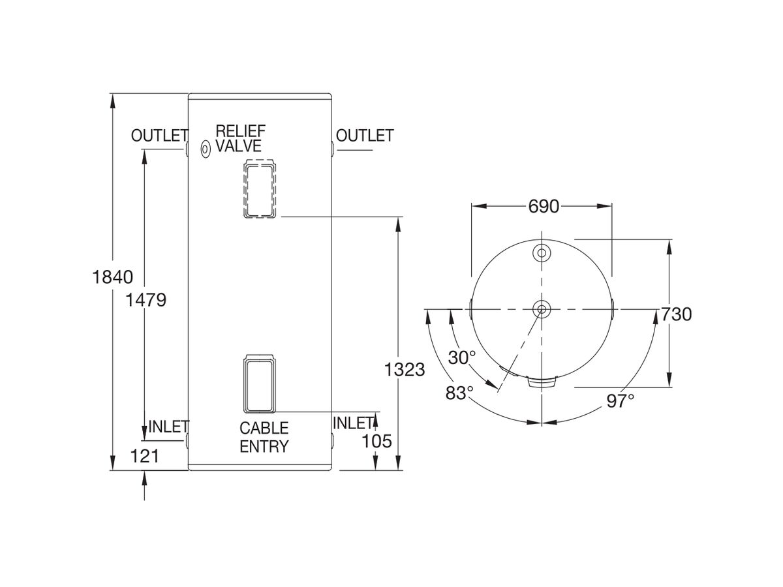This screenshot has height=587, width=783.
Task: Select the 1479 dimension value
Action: pos(147,300)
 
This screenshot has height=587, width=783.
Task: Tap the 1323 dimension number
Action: pos(405,370)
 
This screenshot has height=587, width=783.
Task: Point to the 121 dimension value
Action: pos(145,456)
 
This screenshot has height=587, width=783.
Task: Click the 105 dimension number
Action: pos(377,441)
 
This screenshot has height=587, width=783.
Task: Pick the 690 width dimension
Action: pos(544,207)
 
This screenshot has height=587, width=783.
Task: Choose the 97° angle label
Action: pos(620,401)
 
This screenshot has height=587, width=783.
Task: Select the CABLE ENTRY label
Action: pos(264,438)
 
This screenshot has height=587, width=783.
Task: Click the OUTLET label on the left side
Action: pos(160,136)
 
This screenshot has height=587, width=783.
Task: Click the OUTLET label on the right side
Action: pos(365,136)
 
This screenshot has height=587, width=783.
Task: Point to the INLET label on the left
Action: pos(168,427)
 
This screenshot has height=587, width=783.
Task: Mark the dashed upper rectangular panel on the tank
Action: pos(260,189)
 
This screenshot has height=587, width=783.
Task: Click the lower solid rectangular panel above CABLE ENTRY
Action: pos(260,384)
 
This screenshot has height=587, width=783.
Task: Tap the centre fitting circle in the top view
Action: pos(542,309)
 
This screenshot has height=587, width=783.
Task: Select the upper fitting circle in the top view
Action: pos(542,252)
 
